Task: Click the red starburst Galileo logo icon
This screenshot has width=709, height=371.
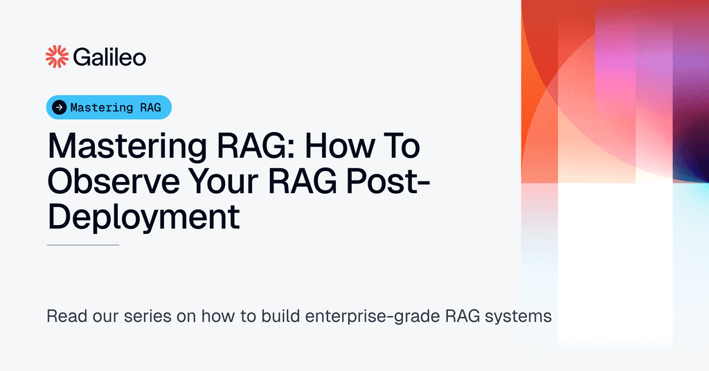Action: click(x=57, y=57)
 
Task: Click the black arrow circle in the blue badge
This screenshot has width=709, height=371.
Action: click(x=60, y=107)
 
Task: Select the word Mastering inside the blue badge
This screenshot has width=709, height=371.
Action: click(x=102, y=107)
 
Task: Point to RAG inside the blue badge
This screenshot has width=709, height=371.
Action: click(x=150, y=107)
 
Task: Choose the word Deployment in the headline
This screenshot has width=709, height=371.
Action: click(x=143, y=217)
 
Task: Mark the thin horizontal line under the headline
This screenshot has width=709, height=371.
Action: click(x=83, y=245)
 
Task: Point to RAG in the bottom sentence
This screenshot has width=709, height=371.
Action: click(x=453, y=317)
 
